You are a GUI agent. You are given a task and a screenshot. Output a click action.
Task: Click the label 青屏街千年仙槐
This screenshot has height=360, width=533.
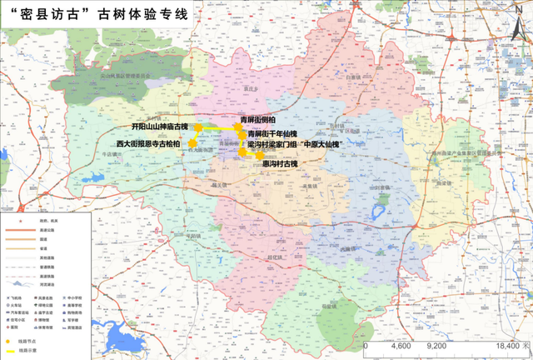click(x=275, y=133)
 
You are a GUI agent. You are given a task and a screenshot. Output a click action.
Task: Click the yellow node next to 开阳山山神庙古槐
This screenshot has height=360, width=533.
click(x=199, y=127)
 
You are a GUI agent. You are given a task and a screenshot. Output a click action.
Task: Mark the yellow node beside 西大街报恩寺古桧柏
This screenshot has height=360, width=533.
click(x=192, y=143)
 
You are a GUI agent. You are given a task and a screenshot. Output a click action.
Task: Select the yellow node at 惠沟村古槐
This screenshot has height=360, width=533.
click(x=261, y=155)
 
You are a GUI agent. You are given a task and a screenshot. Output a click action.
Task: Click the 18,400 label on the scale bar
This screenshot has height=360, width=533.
click(x=506, y=344)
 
